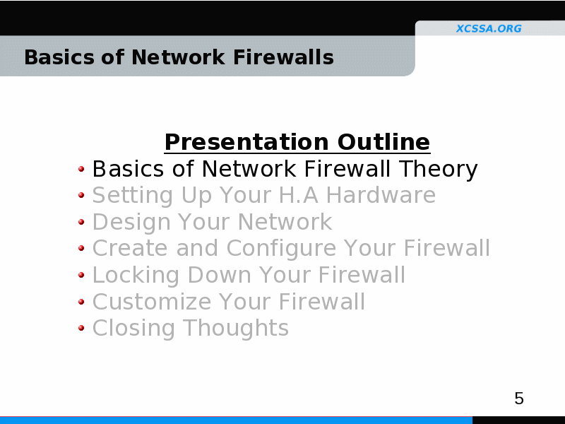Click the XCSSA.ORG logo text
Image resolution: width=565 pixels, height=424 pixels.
coord(489,28)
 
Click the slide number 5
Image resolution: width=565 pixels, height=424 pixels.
coord(519,399)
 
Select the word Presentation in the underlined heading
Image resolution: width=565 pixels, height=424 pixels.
coord(246,142)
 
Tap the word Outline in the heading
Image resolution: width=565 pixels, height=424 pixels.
coord(383,142)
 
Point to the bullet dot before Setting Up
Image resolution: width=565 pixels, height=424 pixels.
coord(81,195)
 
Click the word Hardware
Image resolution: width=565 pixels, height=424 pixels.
coord(381,195)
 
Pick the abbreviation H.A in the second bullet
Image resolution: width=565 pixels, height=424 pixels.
coord(299,196)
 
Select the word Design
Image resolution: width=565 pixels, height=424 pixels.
coord(131,223)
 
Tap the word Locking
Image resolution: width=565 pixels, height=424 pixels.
coord(136,276)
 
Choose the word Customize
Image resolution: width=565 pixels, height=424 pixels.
coord(152,302)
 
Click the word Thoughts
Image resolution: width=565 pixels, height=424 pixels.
coord(236,328)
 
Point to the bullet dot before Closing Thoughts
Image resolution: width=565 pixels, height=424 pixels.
coord(81,328)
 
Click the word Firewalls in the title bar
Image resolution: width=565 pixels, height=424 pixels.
coord(283,57)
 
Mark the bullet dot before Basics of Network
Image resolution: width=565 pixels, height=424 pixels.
coord(81,168)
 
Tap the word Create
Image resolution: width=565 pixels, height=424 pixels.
coord(130,248)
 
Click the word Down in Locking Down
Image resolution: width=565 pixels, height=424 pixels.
coord(220,275)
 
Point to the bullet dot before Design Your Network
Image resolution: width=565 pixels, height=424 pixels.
coord(81,222)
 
